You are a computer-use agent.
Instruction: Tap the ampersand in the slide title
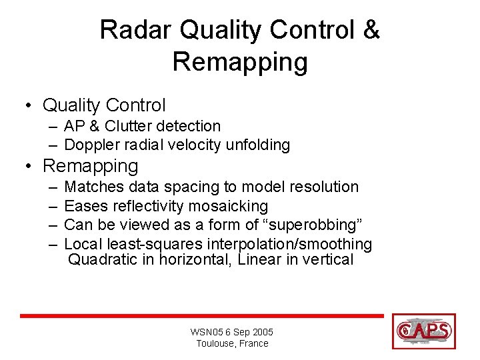371,31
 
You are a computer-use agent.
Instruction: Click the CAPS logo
424,331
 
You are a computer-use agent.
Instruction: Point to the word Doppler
91,145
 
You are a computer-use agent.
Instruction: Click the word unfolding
257,145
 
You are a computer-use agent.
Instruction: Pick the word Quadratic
103,259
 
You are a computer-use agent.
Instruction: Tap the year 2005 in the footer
261,332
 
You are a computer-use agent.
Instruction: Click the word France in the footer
254,343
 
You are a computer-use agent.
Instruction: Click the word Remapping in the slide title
240,62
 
